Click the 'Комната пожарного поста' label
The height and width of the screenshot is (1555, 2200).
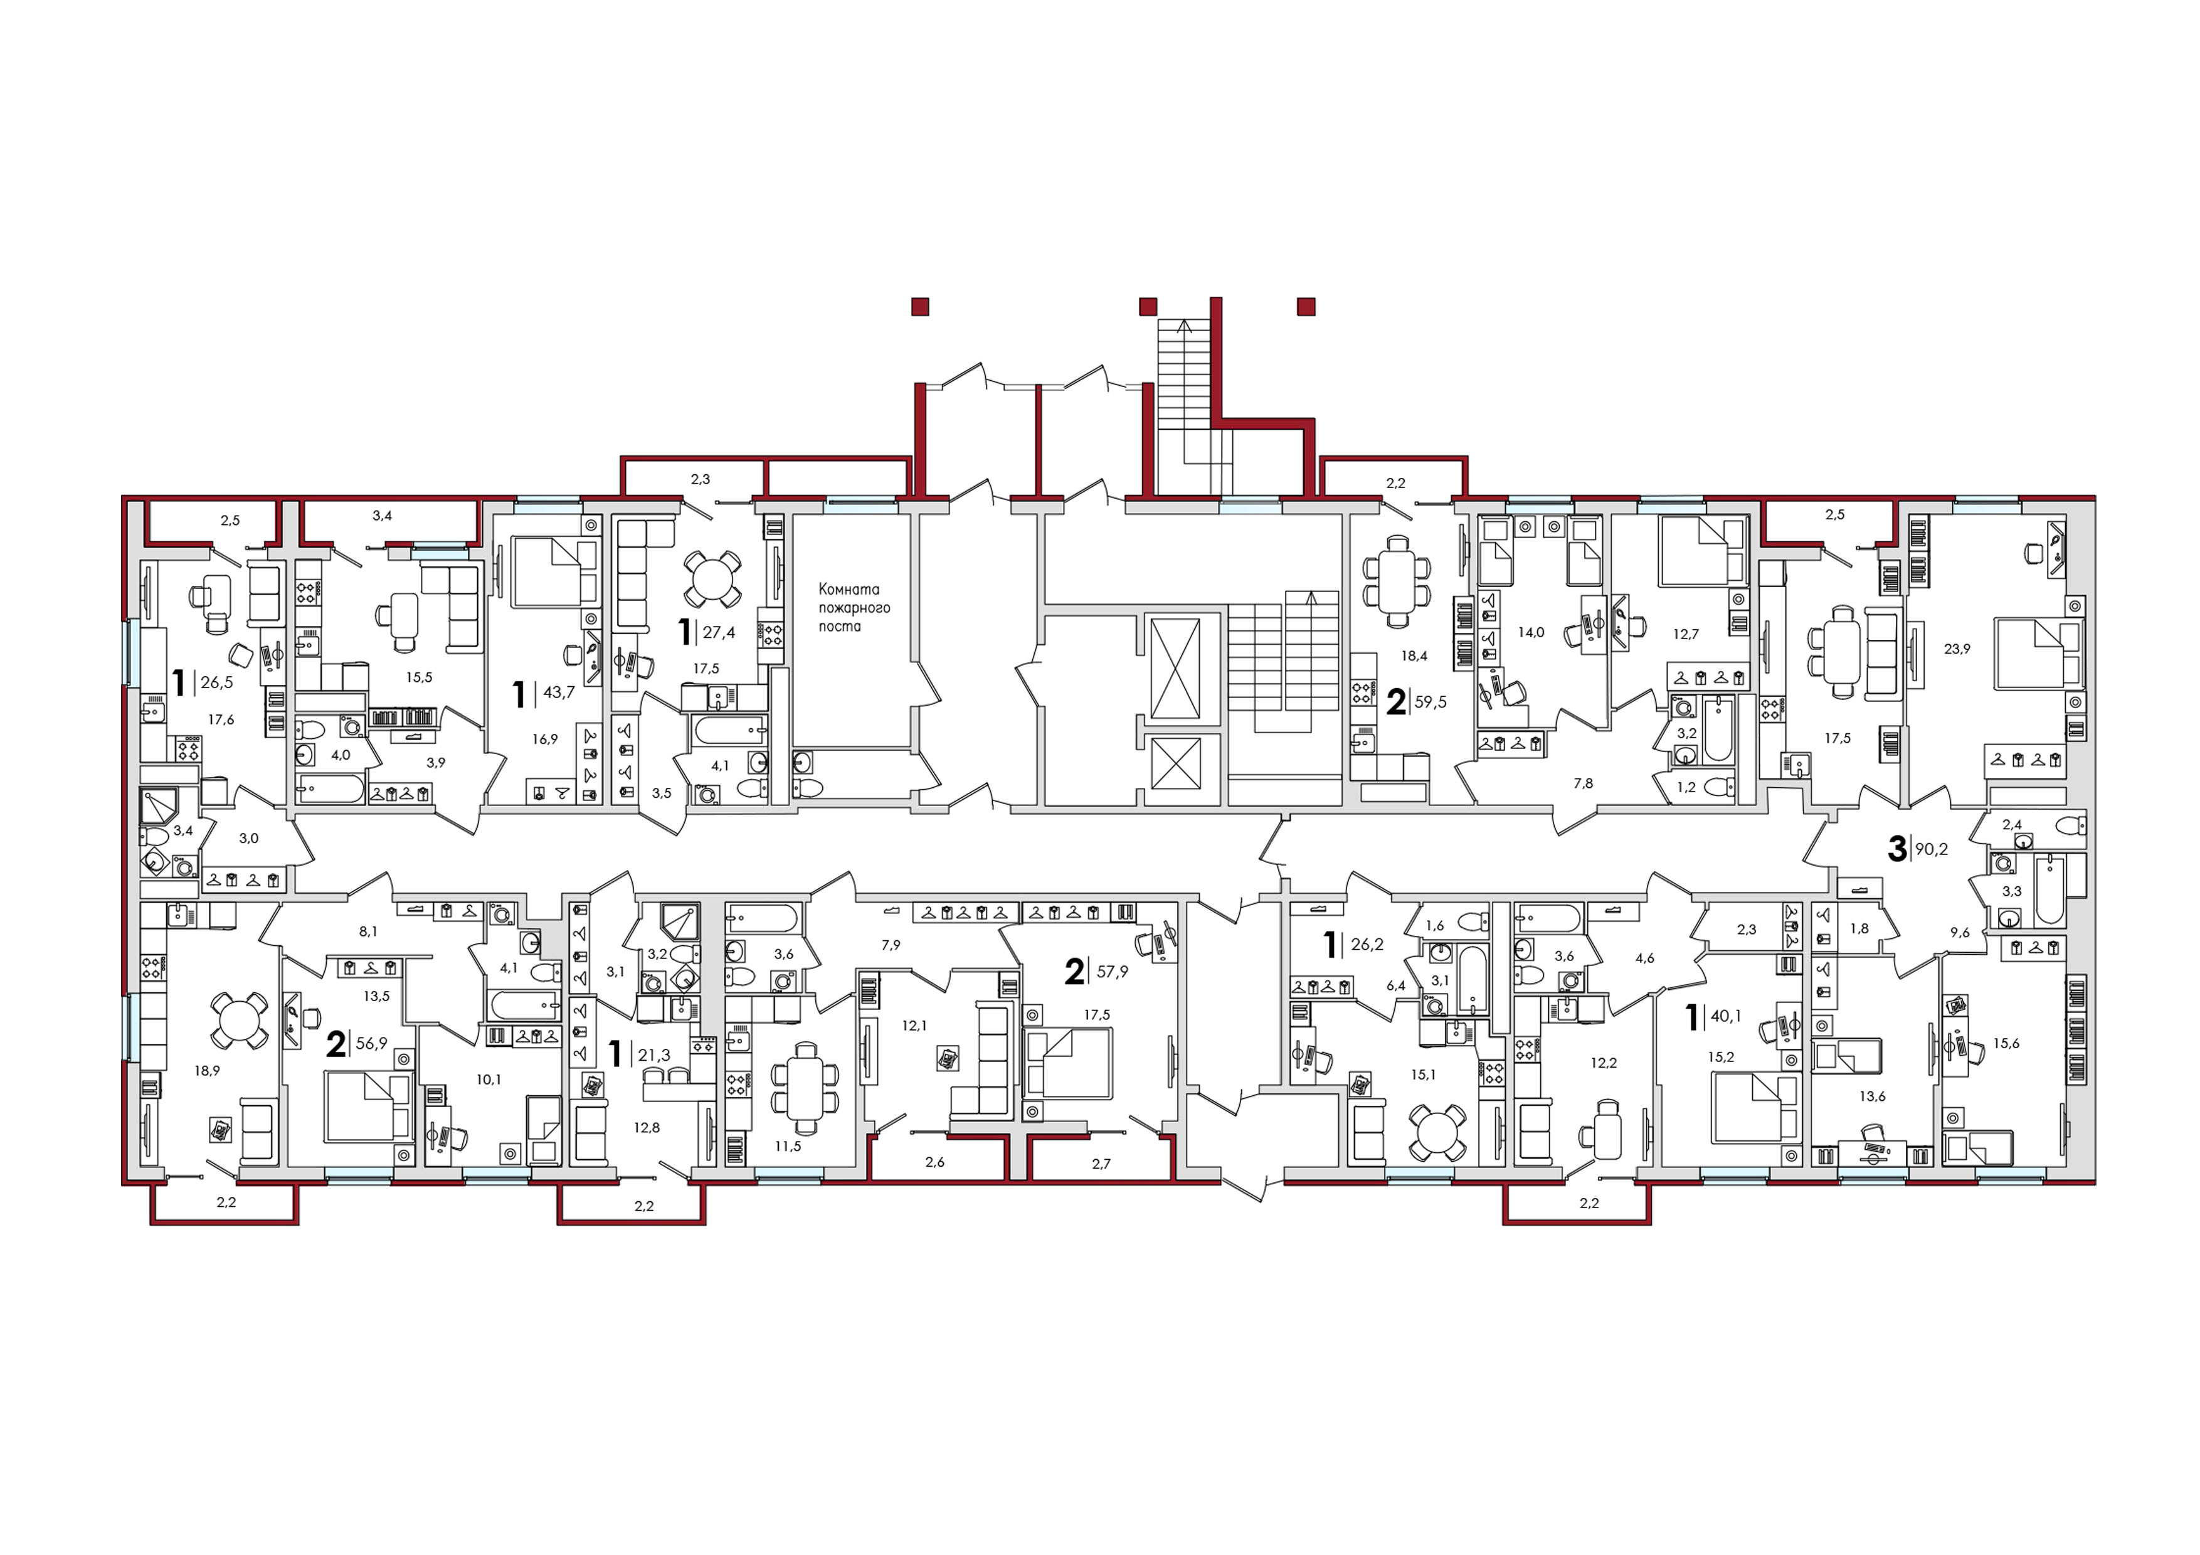[x=854, y=607]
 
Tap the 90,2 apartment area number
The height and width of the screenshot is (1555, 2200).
[x=1931, y=848]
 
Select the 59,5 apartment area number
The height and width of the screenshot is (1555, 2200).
[x=1430, y=701]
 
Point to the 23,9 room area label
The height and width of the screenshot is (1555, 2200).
[x=1957, y=649]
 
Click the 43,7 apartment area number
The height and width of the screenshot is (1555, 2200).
[x=559, y=692]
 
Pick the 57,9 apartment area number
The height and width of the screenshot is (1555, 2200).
[x=1113, y=972]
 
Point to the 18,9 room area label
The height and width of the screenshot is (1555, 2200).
[x=207, y=1070]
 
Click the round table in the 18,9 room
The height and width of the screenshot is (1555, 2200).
[x=238, y=1021]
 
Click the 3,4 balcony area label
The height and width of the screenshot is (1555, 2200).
[x=381, y=516]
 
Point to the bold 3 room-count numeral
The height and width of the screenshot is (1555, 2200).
[x=1896, y=848]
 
